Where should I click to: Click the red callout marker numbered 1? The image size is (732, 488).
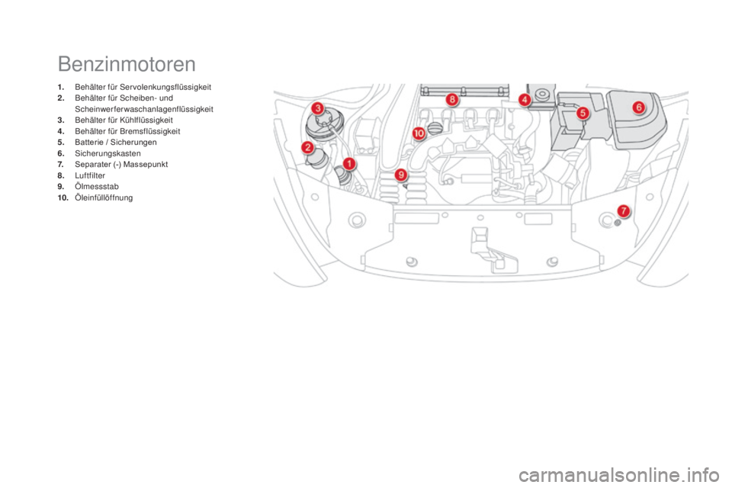(348, 164)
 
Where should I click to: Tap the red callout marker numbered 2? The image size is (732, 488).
(307, 148)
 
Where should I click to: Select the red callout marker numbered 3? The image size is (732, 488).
(318, 109)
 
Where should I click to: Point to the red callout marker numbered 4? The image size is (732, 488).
(525, 99)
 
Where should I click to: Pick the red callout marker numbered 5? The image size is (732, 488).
(583, 113)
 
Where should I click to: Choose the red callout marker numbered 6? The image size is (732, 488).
(639, 108)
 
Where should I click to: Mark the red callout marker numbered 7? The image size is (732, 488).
(623, 211)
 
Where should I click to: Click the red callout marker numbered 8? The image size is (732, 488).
(452, 99)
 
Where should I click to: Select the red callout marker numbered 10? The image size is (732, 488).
(419, 133)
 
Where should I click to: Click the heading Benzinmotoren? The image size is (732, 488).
(127, 64)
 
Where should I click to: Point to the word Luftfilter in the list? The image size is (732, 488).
(90, 175)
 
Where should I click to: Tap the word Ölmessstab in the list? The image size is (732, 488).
(97, 186)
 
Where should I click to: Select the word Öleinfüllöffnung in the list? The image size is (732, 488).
(104, 197)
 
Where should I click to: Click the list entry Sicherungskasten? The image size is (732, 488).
(108, 153)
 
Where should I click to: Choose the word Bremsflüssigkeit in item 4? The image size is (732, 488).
(150, 131)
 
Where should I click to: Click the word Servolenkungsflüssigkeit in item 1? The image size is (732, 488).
(165, 87)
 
